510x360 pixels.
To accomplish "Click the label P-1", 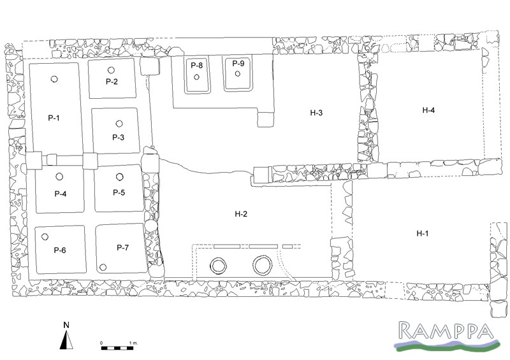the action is [x=54, y=118].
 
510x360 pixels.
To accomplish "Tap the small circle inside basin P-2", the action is [x=111, y=70].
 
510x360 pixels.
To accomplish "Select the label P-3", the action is [x=118, y=137].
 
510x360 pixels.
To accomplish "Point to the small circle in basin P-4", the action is [x=59, y=176].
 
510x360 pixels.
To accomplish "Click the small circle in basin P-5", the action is [x=119, y=177].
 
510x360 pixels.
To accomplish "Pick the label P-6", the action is [x=60, y=250].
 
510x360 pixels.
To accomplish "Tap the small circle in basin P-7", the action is [x=103, y=268].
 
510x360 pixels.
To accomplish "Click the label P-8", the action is [x=196, y=66].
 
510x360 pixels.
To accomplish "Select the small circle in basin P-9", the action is [x=237, y=74].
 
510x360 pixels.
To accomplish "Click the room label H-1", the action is [x=422, y=233].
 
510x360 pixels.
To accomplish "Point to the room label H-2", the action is [x=241, y=213].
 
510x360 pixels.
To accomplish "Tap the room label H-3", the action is [x=316, y=113].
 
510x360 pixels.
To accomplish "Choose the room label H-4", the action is [x=428, y=110].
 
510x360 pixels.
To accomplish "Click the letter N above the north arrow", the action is [x=66, y=325].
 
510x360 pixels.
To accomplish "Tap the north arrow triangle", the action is [x=66, y=340].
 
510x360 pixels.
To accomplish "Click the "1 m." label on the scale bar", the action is [x=133, y=343].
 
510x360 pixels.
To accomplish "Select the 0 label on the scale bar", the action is [x=101, y=343].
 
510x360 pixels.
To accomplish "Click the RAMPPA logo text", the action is [x=446, y=331].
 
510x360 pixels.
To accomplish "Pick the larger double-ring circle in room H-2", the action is [x=262, y=265].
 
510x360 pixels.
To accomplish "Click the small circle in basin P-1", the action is [x=54, y=79].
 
